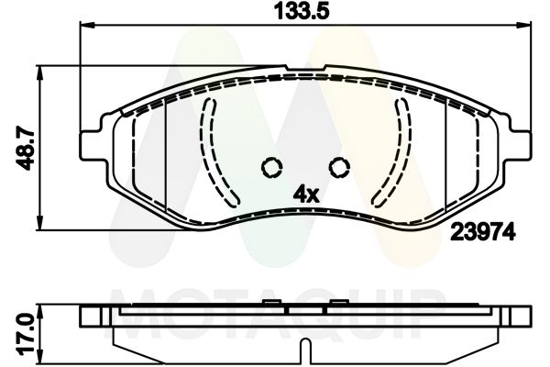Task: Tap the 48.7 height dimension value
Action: (x=26, y=146)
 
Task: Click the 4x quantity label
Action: (x=304, y=194)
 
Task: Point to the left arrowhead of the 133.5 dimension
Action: (x=87, y=28)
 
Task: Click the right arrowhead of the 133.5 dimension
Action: (x=523, y=28)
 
